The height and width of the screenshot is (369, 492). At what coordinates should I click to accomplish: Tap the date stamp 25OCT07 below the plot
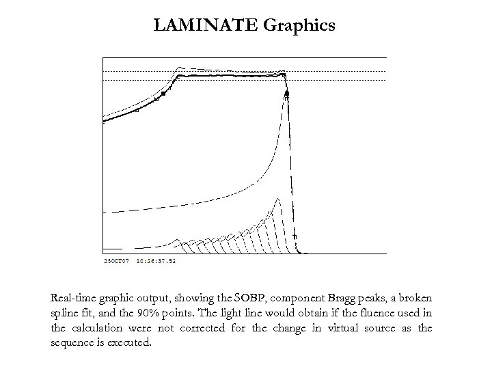click(114, 260)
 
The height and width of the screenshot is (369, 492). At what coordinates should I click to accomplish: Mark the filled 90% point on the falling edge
click(288, 93)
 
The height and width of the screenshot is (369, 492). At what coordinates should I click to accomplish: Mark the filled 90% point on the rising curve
click(163, 94)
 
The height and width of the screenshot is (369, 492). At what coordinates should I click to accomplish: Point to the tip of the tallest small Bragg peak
click(277, 199)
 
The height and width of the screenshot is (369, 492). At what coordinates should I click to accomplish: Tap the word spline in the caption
click(65, 314)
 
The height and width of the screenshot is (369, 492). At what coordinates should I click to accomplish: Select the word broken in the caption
click(416, 299)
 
